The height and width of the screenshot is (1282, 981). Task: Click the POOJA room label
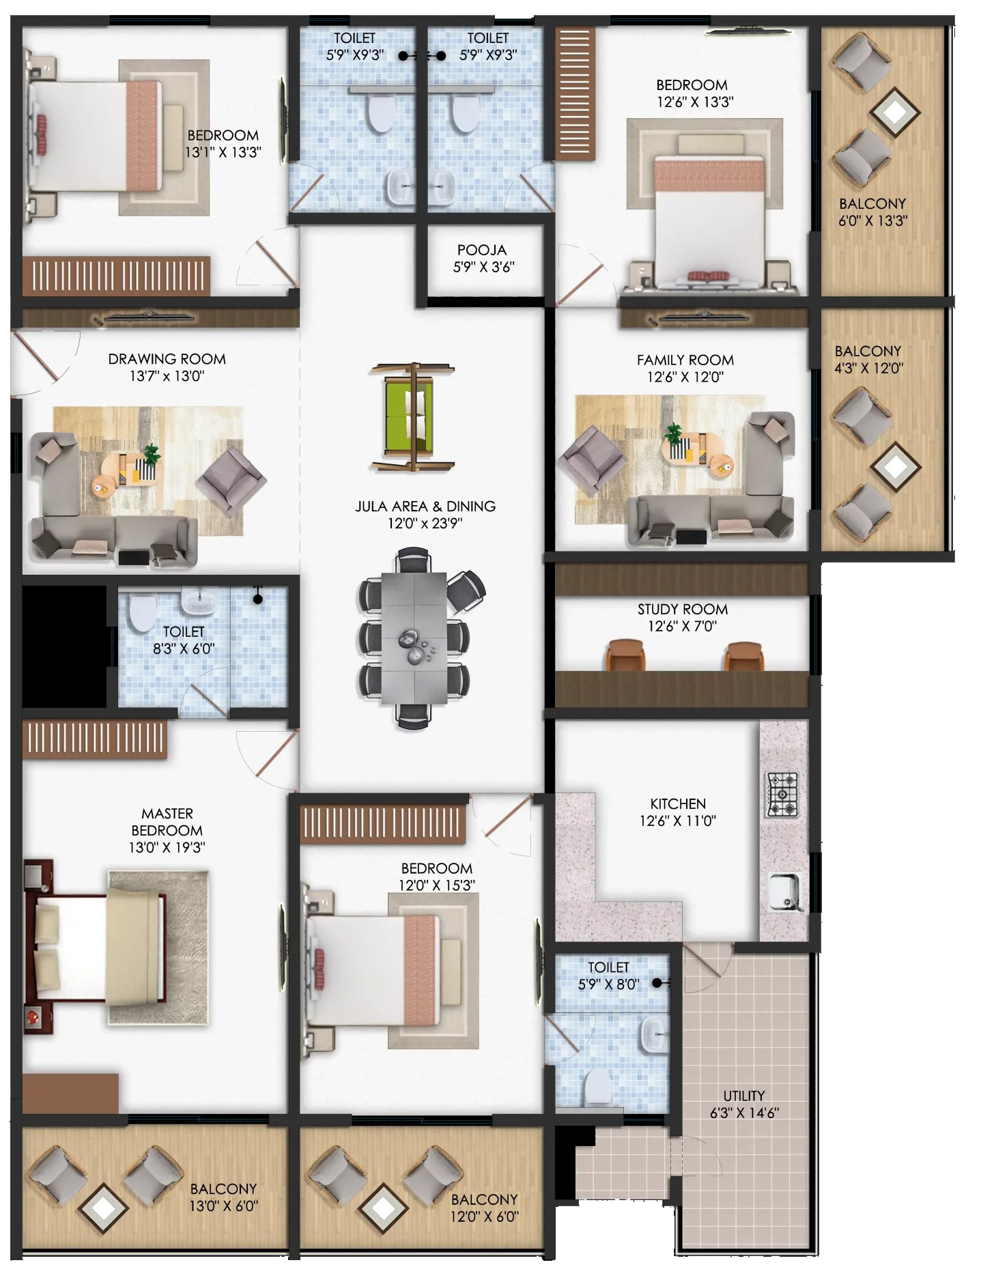coord(482,250)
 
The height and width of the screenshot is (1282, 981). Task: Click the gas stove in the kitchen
coord(782,794)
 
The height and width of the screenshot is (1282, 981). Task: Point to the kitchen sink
coord(786,892)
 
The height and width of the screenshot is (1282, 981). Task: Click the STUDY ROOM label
coord(683,609)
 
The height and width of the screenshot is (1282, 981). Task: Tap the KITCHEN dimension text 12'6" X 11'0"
coord(677,821)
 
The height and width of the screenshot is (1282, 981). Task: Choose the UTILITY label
coord(743,1096)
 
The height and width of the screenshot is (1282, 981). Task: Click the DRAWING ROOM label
coord(167,358)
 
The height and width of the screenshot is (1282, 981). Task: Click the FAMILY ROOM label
coord(685,360)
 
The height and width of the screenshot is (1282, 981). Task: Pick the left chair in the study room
coord(625,655)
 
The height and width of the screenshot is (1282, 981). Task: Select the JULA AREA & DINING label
coord(425,507)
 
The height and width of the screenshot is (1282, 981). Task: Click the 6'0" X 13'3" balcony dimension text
coord(873,221)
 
